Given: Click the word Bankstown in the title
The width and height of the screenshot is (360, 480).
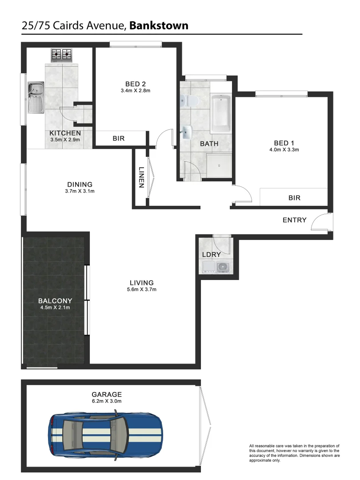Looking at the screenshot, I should coord(159,26).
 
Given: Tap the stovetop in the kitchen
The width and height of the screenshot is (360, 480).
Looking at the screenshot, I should coord(62,55).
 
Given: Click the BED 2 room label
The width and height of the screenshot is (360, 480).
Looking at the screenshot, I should coord(136,84).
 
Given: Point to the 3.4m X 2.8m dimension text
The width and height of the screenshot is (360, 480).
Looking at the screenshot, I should coord(136,91).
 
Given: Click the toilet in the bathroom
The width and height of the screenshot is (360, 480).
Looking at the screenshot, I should coord(190,101).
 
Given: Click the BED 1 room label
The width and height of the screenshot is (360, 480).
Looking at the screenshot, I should coord(284,143).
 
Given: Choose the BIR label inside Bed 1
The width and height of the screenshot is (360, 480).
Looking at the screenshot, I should coord(294,198).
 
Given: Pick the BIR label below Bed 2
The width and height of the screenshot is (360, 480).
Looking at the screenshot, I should coord(119,139).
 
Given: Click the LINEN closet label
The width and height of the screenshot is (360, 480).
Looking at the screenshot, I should coord(141,178).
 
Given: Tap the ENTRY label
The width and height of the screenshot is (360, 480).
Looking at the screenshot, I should coord(295,220).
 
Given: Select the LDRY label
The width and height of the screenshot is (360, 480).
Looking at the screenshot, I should coord(212,255).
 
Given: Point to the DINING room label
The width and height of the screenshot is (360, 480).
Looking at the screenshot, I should coord(80,184).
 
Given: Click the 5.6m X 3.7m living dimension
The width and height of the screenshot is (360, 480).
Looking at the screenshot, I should coord(142,289).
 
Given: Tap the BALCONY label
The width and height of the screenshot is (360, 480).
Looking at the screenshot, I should coord(55,300).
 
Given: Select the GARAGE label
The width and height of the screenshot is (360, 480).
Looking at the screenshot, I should coord(107,394).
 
